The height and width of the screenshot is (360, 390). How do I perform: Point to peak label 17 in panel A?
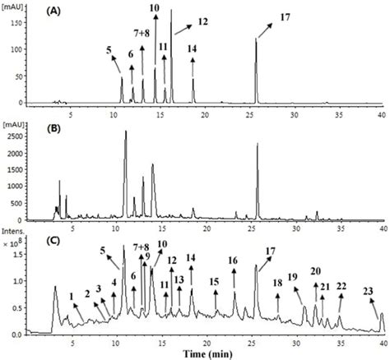click(x=285, y=16)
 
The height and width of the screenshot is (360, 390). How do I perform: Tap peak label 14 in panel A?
click(x=192, y=49)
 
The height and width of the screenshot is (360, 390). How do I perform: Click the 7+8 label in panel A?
click(x=142, y=33)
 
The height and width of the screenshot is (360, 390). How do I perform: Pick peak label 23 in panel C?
click(x=367, y=290)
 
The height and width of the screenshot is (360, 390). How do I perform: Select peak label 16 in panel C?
click(x=233, y=261)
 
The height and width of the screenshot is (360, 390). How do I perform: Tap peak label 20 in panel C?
click(x=315, y=271)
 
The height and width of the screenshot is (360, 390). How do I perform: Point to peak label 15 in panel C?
click(x=215, y=281)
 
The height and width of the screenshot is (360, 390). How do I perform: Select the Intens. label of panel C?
click(x=14, y=233)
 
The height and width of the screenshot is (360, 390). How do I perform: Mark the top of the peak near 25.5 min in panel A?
click(x=256, y=39)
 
